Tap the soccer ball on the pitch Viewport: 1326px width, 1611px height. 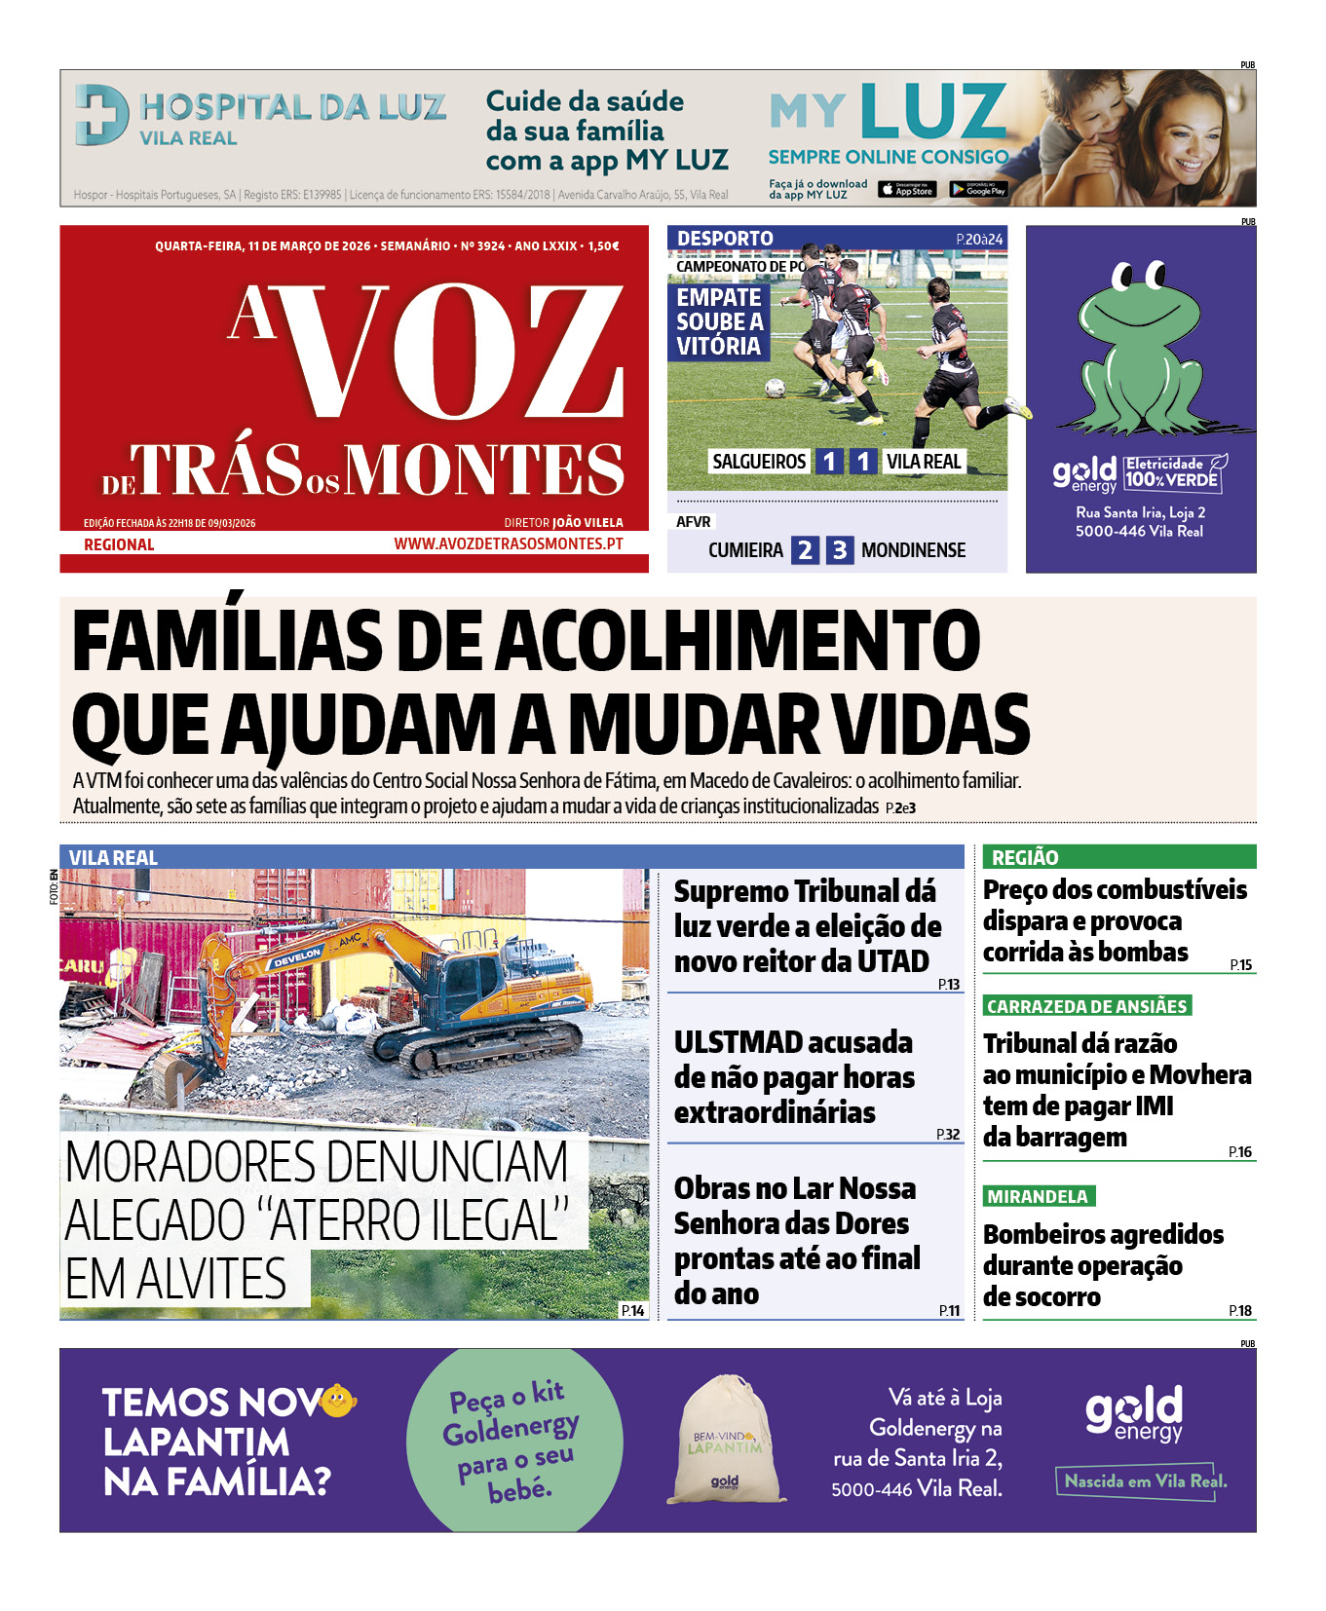coord(775,388)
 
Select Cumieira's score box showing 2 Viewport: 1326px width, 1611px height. coord(805,550)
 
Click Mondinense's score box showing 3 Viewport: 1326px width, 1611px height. coord(839,550)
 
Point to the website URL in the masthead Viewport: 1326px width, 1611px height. coord(508,543)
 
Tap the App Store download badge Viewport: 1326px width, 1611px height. coord(906,190)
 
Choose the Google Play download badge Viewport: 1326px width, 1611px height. coord(978,190)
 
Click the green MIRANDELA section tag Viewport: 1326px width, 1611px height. coord(1039,1196)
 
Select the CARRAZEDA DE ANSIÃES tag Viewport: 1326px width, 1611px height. coord(1087,1006)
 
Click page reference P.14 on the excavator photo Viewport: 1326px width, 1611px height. coord(632,1310)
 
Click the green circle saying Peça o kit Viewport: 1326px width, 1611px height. coord(513,1440)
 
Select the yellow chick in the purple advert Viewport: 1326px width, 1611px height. coord(337,1401)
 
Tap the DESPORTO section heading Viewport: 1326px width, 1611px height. coord(725,239)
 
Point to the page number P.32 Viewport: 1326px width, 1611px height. coord(947,1134)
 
